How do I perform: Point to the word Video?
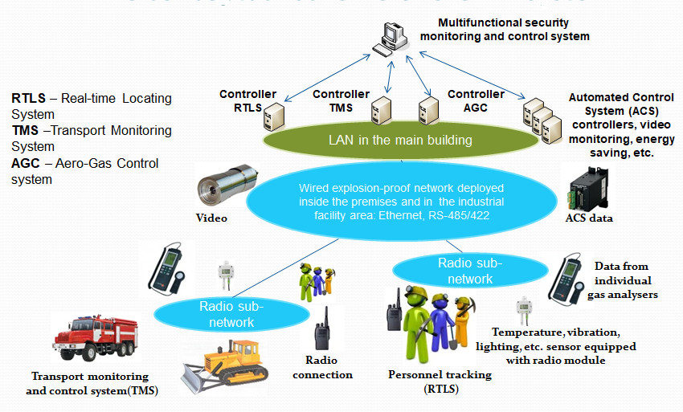click(211, 218)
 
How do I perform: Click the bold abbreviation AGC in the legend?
click(28, 164)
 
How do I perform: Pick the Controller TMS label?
click(341, 100)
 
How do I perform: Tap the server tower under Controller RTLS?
click(276, 118)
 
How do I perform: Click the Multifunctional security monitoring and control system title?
click(515, 30)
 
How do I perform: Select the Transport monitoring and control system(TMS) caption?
click(89, 383)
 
